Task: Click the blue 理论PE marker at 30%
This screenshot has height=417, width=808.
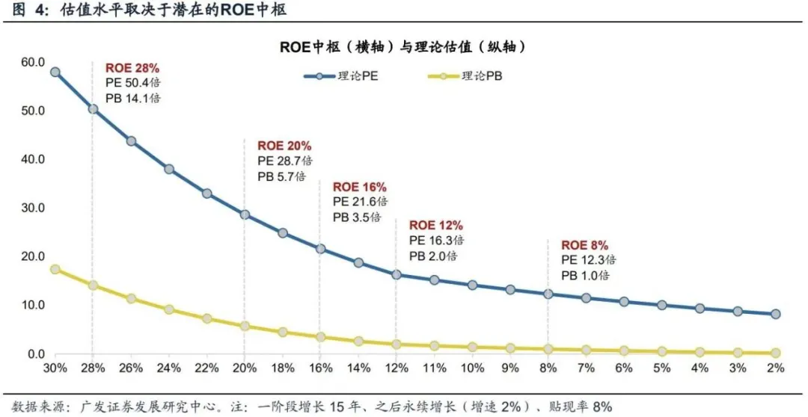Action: (x=55, y=72)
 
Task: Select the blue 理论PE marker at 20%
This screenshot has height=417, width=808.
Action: (x=245, y=214)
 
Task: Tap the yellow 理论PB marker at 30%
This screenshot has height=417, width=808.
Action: (x=55, y=269)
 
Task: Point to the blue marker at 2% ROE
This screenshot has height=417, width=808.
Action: (x=776, y=314)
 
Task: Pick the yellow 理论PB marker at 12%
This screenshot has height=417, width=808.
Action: (x=396, y=345)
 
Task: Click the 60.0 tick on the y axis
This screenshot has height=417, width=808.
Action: (x=34, y=62)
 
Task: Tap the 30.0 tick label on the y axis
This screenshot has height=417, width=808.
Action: (x=34, y=208)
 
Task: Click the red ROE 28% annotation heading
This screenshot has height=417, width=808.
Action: (x=132, y=68)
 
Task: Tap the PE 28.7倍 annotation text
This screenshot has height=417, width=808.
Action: (x=284, y=161)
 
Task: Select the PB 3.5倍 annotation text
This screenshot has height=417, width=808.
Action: (x=357, y=217)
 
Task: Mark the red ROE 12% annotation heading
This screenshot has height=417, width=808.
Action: (x=435, y=225)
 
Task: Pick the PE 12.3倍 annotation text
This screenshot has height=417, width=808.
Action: (x=588, y=260)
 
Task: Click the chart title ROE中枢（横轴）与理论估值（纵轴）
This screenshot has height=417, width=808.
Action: (x=404, y=46)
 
